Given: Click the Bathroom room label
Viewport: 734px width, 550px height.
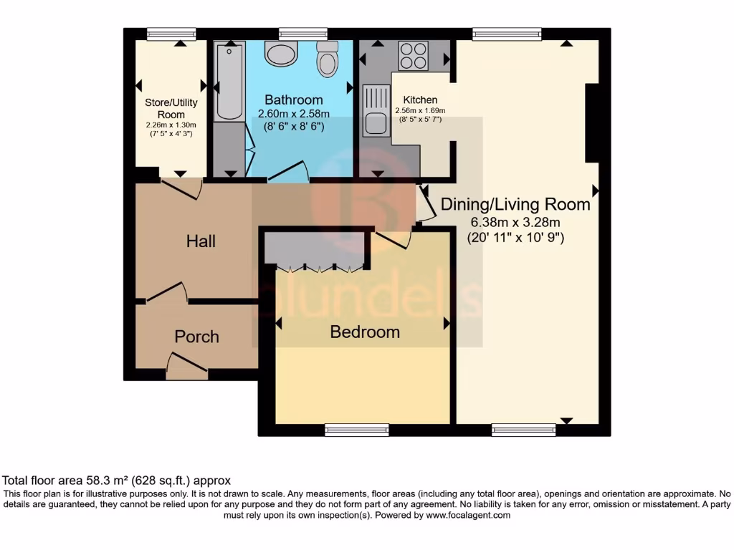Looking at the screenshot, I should [x=294, y=100].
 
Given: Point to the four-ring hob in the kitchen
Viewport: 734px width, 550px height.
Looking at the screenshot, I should [x=413, y=56].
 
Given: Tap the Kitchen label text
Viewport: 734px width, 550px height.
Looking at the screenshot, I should [x=420, y=100].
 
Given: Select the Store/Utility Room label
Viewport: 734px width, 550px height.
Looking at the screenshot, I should [x=171, y=108].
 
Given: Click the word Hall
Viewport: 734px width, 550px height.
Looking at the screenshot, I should [x=201, y=241].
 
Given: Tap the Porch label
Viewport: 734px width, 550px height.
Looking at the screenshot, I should [x=196, y=337].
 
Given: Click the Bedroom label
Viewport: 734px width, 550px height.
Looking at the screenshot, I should [x=365, y=332].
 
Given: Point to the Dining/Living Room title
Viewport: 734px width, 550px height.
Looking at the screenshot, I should [x=515, y=204].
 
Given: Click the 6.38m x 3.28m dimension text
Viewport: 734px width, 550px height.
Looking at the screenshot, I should [x=515, y=221].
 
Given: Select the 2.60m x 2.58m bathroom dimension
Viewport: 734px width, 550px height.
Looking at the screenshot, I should [x=294, y=114].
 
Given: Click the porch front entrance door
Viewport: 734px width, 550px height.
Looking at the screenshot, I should [x=186, y=365].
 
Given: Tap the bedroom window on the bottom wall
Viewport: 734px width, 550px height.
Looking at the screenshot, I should [x=357, y=430].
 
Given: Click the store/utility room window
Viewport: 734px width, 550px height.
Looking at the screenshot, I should [x=171, y=33].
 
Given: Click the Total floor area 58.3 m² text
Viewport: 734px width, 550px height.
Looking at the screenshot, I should [x=117, y=481].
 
